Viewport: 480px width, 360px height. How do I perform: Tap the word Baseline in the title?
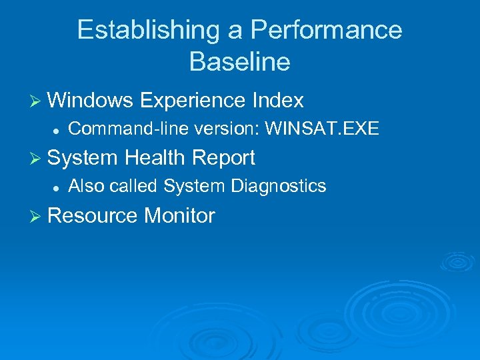pyautogui.click(x=239, y=62)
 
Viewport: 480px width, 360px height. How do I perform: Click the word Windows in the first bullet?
pyautogui.click(x=91, y=101)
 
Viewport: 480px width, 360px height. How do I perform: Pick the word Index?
pyautogui.click(x=278, y=101)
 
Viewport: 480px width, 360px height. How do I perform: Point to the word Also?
pyautogui.click(x=87, y=186)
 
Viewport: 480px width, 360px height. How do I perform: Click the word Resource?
pyautogui.click(x=93, y=216)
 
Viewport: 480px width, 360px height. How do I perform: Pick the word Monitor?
pyautogui.click(x=179, y=216)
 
